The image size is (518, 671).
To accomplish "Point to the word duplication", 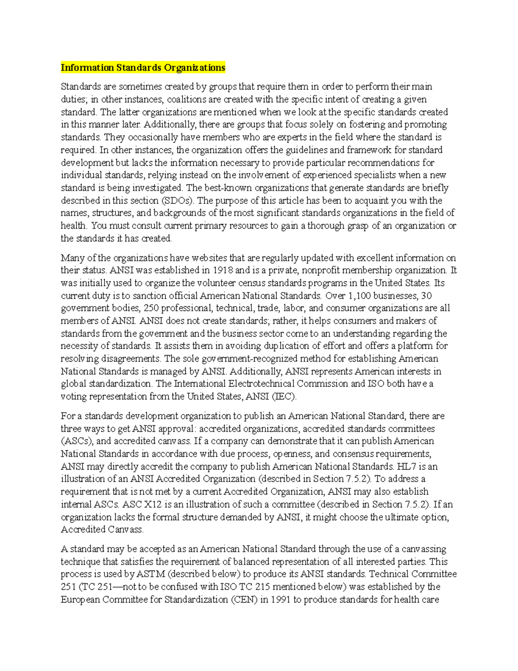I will pos(264,346).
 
